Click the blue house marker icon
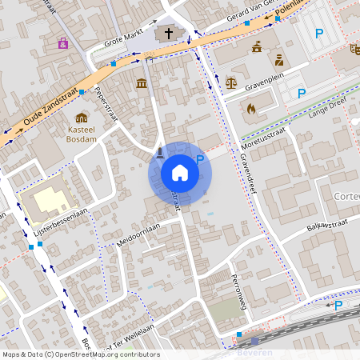click(x=180, y=172)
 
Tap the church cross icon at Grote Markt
click(x=168, y=33)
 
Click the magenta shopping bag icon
click(x=63, y=42)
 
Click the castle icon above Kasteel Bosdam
click(x=82, y=116)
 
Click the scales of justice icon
click(x=231, y=82)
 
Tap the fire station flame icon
click(x=250, y=107)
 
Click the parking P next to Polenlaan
click(x=320, y=34)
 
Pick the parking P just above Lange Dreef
click(x=302, y=94)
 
